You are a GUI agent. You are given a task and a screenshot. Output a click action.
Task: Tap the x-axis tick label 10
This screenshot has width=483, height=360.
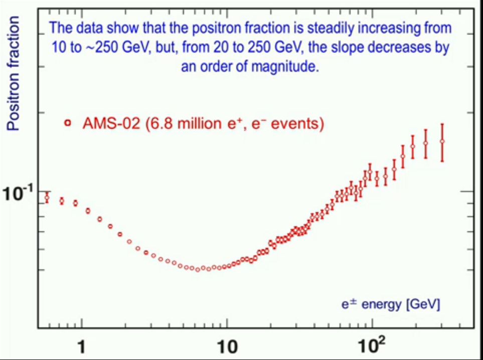[x=227, y=346]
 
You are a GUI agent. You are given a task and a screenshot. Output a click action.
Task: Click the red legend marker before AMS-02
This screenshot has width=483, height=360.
[x=68, y=123]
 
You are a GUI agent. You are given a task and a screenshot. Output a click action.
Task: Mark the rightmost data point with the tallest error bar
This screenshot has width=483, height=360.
[x=442, y=142]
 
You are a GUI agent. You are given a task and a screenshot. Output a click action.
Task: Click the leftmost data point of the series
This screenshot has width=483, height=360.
[x=47, y=198]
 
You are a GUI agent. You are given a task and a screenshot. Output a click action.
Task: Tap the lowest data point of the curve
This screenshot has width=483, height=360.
[x=198, y=269]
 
